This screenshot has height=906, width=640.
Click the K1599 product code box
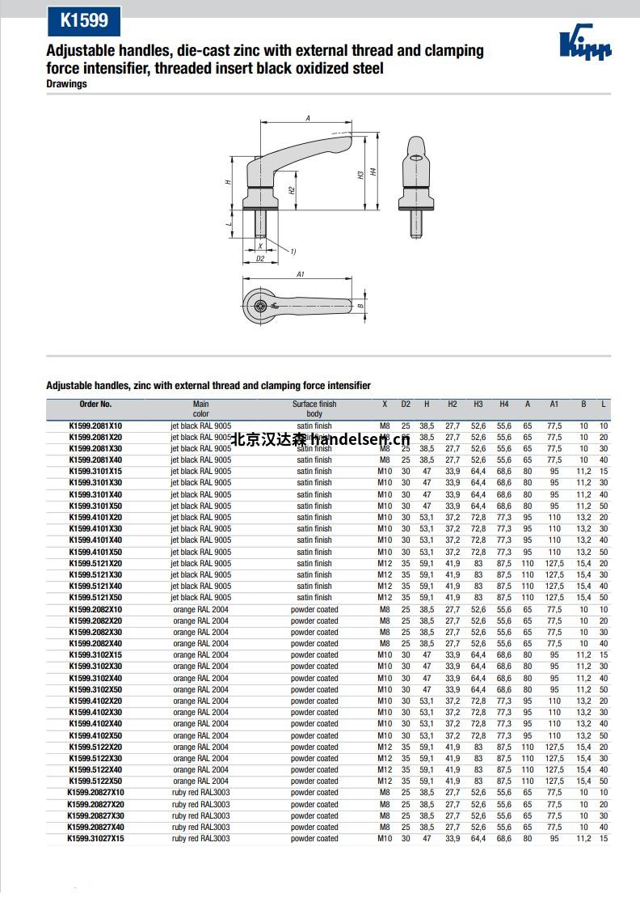pyautogui.click(x=83, y=20)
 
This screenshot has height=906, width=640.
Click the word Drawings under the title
pyautogui.click(x=66, y=84)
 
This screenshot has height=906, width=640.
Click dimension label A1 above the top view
pyautogui.click(x=300, y=275)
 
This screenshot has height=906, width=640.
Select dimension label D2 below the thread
pyautogui.click(x=260, y=260)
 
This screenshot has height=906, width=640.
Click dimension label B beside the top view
pyautogui.click(x=360, y=306)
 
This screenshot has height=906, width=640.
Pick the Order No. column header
pyautogui.click(x=95, y=404)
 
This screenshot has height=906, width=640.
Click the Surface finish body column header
pyautogui.click(x=314, y=409)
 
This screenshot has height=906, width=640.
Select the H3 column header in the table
pyautogui.click(x=478, y=404)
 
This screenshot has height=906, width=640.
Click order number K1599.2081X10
pyautogui.click(x=95, y=425)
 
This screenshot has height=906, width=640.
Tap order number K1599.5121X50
pyautogui.click(x=95, y=598)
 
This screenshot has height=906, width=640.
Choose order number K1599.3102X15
pyautogui.click(x=95, y=655)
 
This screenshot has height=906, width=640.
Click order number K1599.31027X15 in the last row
pyautogui.click(x=95, y=839)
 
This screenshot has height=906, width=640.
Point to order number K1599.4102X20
pyautogui.click(x=95, y=701)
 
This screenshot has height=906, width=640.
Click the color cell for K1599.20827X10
pyautogui.click(x=200, y=793)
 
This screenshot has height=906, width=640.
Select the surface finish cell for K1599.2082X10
pyautogui.click(x=314, y=609)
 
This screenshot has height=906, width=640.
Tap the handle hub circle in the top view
pyautogui.click(x=260, y=305)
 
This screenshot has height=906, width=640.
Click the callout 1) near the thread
pyautogui.click(x=293, y=252)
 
